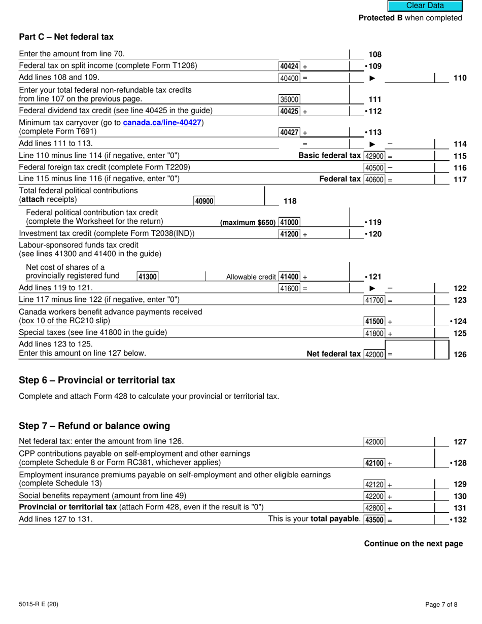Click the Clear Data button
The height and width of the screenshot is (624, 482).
(425, 6)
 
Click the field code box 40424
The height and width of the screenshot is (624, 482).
(289, 66)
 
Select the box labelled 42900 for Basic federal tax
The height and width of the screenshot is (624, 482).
(375, 156)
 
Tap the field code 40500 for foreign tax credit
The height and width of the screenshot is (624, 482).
(375, 168)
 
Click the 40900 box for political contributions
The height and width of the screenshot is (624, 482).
(204, 201)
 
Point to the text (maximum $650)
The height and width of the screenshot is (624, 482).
(248, 223)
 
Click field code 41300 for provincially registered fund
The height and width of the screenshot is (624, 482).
(147, 276)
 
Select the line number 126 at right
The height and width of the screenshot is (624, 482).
(459, 355)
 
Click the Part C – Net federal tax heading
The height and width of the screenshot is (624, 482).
(66, 37)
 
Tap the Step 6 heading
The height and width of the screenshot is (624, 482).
(96, 380)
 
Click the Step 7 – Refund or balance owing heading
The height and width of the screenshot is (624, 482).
(94, 426)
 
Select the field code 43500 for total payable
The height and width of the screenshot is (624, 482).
(375, 519)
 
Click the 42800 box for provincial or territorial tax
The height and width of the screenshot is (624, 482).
(375, 508)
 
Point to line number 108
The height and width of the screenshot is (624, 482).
(375, 55)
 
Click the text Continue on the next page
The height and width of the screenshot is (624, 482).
(413, 543)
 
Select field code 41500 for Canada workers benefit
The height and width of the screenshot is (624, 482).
(375, 322)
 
